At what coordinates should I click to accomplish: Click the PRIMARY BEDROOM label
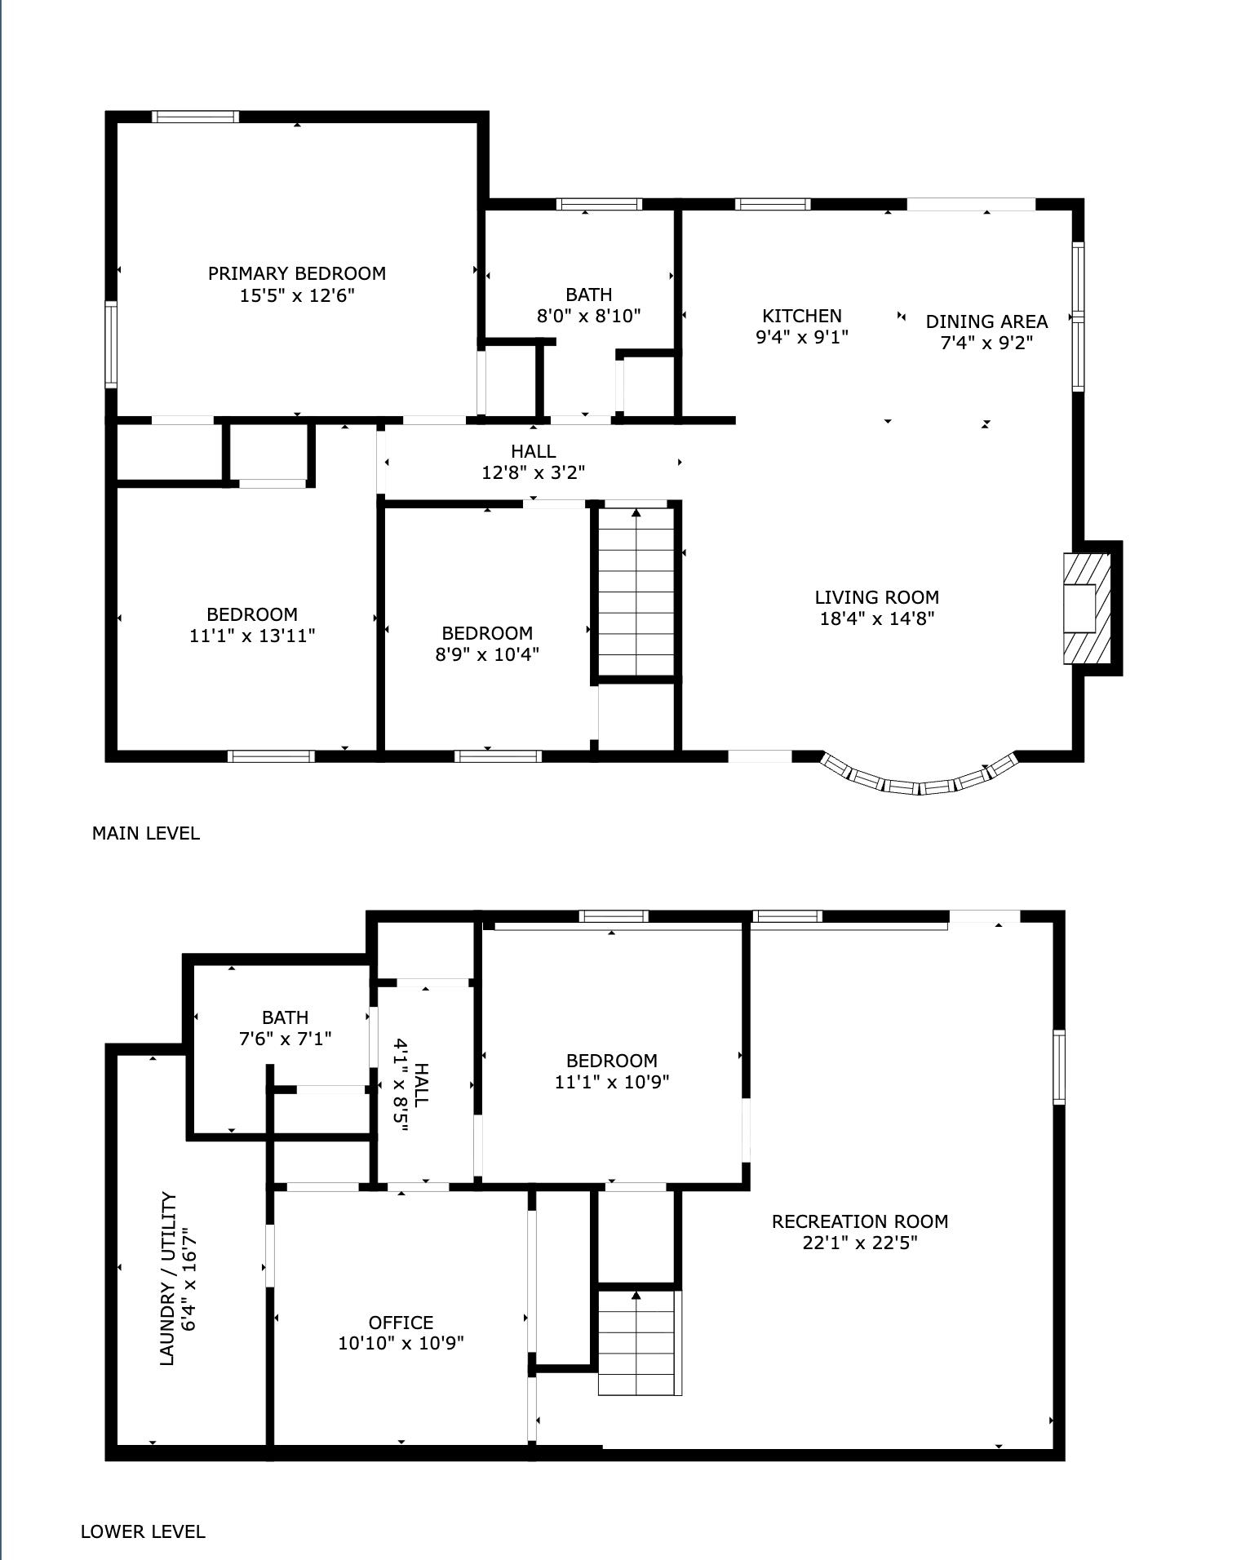(x=296, y=274)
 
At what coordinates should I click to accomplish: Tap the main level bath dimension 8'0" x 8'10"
(x=588, y=317)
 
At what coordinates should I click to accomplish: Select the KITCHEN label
(x=801, y=316)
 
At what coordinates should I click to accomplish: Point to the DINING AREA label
(x=986, y=321)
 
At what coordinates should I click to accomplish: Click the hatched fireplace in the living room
(x=1086, y=609)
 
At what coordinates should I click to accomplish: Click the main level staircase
(x=636, y=592)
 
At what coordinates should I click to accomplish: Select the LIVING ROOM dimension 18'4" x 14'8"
(x=876, y=619)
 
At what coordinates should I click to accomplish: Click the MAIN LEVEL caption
(x=145, y=834)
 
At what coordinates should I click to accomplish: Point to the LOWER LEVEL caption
(x=143, y=1532)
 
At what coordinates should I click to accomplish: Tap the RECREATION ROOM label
(x=859, y=1222)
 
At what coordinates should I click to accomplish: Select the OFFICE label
(x=401, y=1323)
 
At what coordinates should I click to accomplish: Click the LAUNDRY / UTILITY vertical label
(x=167, y=1279)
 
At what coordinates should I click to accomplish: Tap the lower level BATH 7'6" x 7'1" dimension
(x=285, y=1039)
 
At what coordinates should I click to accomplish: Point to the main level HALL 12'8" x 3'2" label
(x=533, y=462)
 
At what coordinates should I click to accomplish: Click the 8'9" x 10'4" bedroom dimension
(x=487, y=654)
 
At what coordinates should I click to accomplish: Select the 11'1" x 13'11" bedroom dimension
(x=252, y=636)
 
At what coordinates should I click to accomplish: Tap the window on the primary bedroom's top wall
(x=196, y=117)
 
